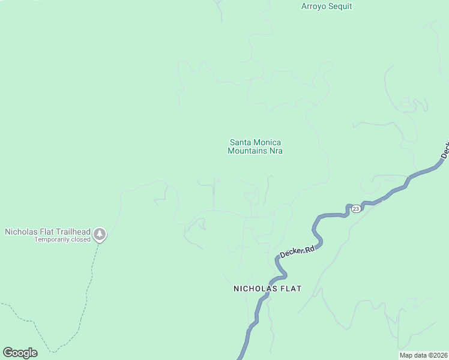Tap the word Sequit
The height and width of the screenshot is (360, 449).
pos(340,7)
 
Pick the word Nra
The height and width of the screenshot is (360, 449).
pos(276,151)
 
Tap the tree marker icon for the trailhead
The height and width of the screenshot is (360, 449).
pos(100,235)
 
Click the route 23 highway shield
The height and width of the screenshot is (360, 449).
pos(356,208)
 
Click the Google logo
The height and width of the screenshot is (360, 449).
pos(20,353)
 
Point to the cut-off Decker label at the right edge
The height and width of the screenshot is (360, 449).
pos(445,150)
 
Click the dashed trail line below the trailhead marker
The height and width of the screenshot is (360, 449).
pos(91,276)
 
